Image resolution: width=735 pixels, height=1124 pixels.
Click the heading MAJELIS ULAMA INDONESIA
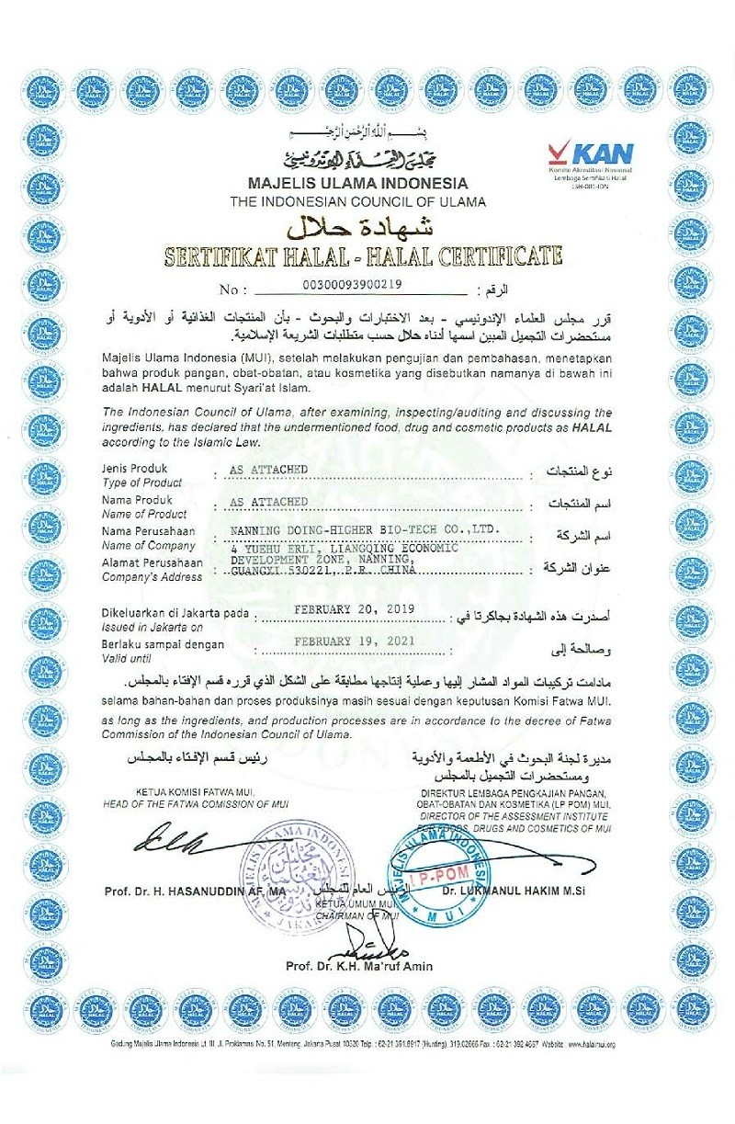point(357,184)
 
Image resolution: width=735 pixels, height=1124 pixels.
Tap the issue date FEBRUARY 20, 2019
point(354,608)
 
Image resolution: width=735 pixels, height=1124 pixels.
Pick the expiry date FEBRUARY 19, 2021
point(354,640)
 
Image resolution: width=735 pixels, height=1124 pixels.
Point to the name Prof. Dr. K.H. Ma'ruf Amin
point(358,966)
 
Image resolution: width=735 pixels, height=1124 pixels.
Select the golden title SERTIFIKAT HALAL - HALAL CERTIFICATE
point(362,255)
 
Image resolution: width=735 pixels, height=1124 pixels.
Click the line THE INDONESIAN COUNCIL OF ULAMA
point(357,201)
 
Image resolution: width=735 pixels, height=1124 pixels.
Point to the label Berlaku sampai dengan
point(163,644)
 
